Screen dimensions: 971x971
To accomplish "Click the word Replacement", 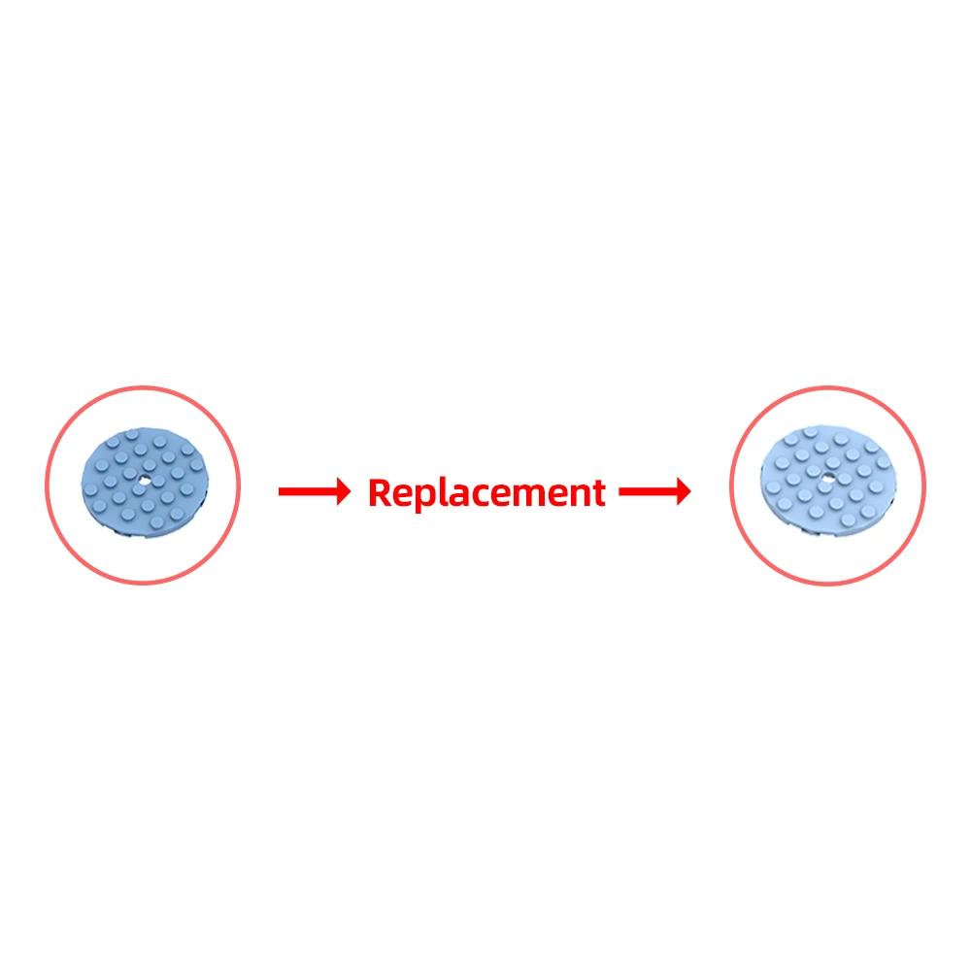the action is click(486, 493).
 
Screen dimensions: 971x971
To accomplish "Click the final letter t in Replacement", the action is click(597, 493).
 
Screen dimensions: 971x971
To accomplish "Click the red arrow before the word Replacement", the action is click(315, 491).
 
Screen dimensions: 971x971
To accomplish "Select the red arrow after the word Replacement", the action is click(654, 491).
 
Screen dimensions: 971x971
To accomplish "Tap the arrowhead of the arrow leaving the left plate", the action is click(344, 491).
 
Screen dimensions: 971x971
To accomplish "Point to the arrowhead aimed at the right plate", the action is click(684, 491).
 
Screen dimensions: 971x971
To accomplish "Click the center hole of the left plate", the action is click(144, 480).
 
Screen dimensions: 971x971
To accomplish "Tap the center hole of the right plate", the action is click(828, 476).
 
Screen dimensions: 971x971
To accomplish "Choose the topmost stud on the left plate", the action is click(131, 435).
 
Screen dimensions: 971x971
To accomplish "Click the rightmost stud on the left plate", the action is click(197, 464).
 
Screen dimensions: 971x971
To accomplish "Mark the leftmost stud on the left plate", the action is click(91, 490).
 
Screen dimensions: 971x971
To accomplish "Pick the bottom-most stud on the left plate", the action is click(156, 523).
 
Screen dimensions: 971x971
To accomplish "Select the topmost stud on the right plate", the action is click(810, 432).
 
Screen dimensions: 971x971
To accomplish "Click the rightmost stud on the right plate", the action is click(883, 462).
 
